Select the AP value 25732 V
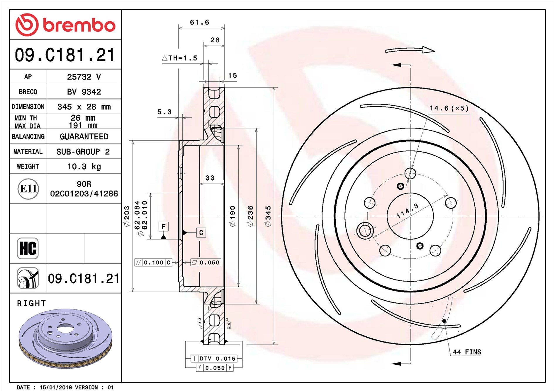click(84, 77)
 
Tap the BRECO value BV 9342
click(84, 92)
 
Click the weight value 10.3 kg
click(84, 167)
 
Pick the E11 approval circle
click(28, 189)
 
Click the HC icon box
click(28, 248)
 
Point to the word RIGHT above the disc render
click(31, 303)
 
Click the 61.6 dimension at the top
click(199, 22)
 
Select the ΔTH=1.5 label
click(180, 58)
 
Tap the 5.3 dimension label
click(164, 112)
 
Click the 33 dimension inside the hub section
click(210, 178)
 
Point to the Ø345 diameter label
click(268, 216)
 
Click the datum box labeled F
click(164, 227)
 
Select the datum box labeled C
click(201, 233)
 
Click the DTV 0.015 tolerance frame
click(214, 359)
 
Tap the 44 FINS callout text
click(467, 352)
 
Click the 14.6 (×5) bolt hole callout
click(449, 108)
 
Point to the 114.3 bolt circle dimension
click(407, 211)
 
